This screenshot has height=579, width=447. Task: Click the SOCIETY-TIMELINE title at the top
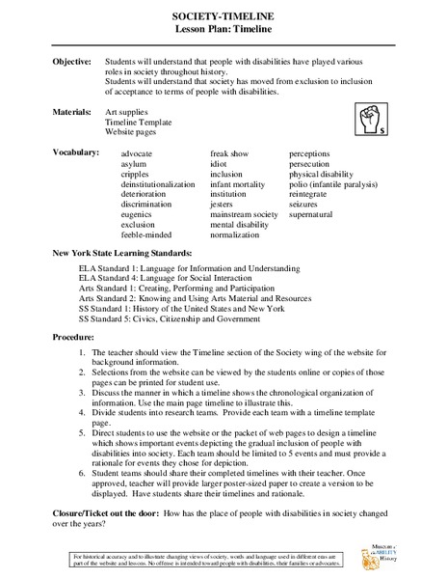point(223,17)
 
